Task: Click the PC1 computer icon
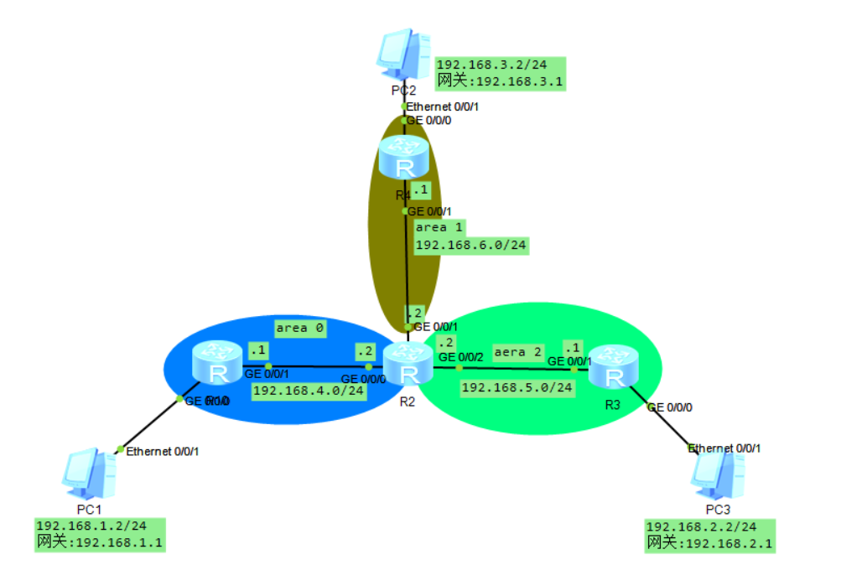coord(88,474)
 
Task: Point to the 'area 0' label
coord(300,328)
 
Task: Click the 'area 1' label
coord(439,227)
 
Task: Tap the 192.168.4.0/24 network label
coord(308,390)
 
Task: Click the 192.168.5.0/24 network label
coord(517,387)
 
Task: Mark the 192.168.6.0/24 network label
coord(471,245)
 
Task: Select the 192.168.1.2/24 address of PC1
coord(91,526)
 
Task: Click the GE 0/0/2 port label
coord(461,358)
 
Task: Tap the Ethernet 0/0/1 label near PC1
coord(162,451)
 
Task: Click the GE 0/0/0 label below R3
coord(669,407)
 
